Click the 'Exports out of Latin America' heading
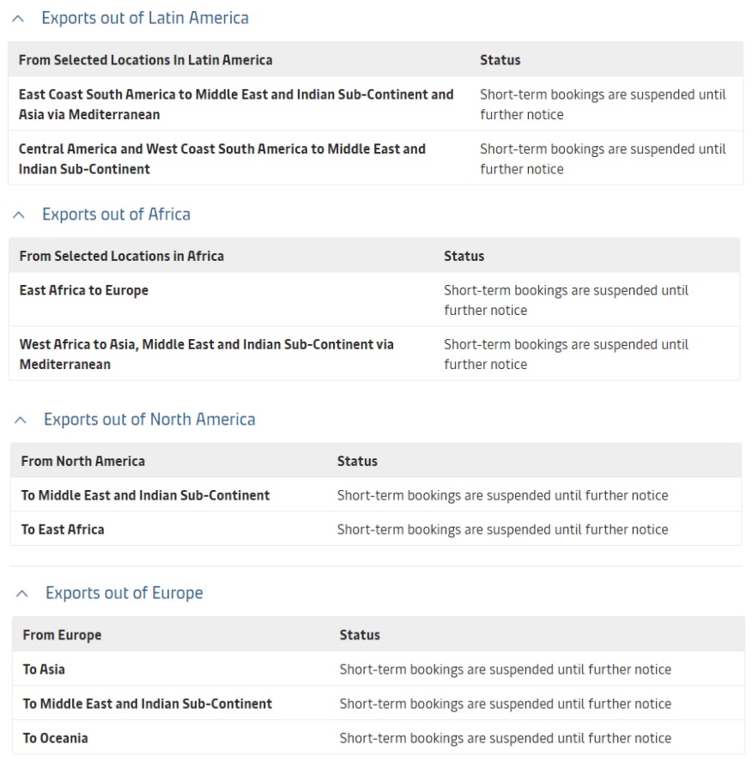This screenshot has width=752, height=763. click(x=145, y=18)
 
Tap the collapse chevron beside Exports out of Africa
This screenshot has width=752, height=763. click(x=20, y=215)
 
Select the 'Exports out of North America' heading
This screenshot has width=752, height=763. click(x=149, y=420)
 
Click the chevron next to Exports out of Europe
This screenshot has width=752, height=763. click(x=23, y=594)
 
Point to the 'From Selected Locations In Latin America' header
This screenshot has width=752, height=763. click(x=145, y=60)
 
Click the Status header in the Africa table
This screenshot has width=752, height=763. click(x=464, y=256)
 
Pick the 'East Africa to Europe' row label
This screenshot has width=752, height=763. click(x=84, y=290)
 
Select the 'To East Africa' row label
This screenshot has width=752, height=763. click(x=63, y=530)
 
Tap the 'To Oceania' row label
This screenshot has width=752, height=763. click(x=55, y=738)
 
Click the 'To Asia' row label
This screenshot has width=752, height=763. click(x=44, y=669)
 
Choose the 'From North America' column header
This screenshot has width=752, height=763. click(x=83, y=461)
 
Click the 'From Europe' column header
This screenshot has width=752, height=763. click(x=62, y=635)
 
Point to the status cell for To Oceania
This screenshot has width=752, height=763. click(x=505, y=738)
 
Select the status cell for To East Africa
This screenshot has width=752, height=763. click(x=502, y=530)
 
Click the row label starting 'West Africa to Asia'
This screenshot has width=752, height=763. click(x=206, y=354)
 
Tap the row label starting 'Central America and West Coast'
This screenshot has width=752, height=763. click(x=221, y=159)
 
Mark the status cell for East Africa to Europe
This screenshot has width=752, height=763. click(x=566, y=300)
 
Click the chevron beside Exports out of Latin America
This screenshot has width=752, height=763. click(x=19, y=18)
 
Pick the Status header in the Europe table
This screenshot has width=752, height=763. click(x=360, y=635)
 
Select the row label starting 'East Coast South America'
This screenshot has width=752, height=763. click(x=236, y=105)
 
